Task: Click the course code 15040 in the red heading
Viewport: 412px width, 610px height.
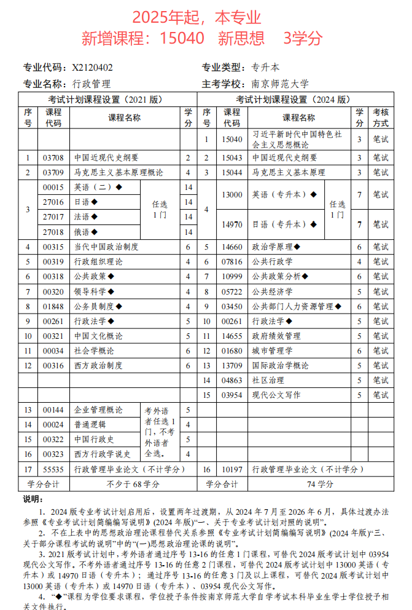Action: tap(182, 38)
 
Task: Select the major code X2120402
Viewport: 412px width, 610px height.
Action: tap(92, 68)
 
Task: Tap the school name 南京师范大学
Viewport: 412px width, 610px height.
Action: tap(280, 84)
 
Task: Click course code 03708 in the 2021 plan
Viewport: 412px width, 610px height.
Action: tap(53, 157)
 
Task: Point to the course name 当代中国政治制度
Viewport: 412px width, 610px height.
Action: tap(106, 247)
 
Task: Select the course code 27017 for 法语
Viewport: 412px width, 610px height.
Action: tap(53, 216)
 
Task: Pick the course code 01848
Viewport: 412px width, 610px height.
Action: tap(53, 306)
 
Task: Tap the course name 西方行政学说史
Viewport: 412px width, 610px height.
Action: tap(103, 454)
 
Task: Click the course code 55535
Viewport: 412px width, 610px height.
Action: tap(53, 469)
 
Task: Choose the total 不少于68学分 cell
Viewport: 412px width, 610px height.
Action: tap(130, 484)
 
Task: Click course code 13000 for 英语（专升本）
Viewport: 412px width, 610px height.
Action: tap(232, 195)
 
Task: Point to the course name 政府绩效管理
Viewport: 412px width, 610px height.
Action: tap(276, 336)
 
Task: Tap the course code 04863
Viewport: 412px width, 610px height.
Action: tap(232, 380)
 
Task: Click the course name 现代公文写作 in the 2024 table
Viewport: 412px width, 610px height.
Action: tap(276, 395)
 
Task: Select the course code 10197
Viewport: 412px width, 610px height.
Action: tap(232, 469)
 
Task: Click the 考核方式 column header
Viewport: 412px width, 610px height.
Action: tap(381, 117)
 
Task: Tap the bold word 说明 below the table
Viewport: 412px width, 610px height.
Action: tap(33, 498)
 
